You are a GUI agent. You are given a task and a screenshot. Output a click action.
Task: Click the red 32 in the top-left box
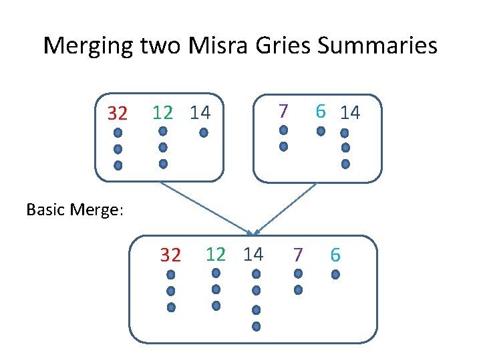[x=118, y=114]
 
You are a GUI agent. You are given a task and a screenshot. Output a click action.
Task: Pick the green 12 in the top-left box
[x=162, y=112]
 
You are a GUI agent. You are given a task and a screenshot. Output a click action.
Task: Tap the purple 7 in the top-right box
[x=283, y=110]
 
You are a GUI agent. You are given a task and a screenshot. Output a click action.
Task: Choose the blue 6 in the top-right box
[x=321, y=112]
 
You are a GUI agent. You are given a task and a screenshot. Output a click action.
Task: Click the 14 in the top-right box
[x=350, y=113]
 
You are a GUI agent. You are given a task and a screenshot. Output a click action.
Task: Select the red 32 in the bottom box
[x=170, y=255]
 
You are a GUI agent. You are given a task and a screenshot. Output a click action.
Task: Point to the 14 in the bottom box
[x=253, y=254]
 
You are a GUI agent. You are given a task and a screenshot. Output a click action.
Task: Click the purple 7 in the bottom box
[x=298, y=255]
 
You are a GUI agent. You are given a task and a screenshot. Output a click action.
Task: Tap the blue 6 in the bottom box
[x=335, y=255]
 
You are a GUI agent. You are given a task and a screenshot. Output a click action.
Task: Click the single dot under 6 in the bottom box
[x=335, y=274]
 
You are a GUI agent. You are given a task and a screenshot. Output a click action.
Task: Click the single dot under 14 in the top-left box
[x=204, y=132]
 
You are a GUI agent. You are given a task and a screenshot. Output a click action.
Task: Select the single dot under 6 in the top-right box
[x=321, y=130]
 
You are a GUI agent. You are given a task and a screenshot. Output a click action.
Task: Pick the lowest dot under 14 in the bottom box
[x=256, y=326]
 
